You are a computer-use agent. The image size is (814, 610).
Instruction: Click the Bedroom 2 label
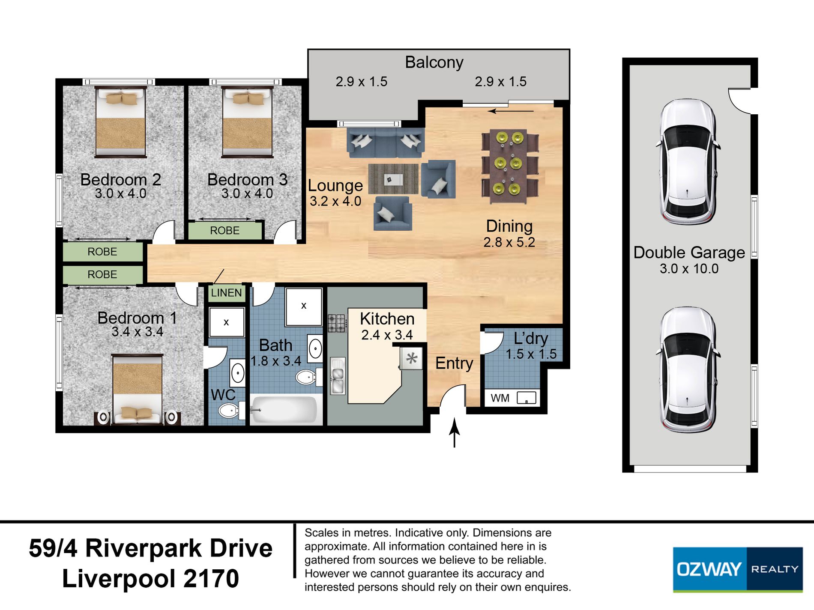121,179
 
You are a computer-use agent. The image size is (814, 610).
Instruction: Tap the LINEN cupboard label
226,293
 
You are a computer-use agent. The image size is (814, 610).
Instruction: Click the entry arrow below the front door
454,433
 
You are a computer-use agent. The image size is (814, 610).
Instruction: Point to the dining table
510,167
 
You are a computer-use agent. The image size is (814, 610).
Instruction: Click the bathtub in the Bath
285,410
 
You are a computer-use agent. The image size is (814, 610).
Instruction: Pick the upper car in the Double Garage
687,162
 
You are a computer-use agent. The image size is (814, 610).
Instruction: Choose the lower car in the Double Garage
687,370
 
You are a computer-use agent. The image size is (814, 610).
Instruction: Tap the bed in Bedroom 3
247,122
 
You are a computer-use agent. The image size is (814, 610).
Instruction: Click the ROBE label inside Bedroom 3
224,231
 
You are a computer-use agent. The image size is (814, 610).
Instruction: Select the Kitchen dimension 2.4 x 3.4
387,335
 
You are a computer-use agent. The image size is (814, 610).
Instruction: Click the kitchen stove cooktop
337,323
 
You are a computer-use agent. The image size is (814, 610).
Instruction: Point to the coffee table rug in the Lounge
393,179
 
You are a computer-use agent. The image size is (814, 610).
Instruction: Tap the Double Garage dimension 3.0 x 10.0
689,268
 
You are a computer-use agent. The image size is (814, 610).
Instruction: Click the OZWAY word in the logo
709,569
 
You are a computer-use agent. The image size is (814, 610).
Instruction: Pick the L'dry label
531,339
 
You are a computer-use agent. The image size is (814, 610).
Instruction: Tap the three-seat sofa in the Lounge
386,142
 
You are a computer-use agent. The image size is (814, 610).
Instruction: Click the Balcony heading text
434,62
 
